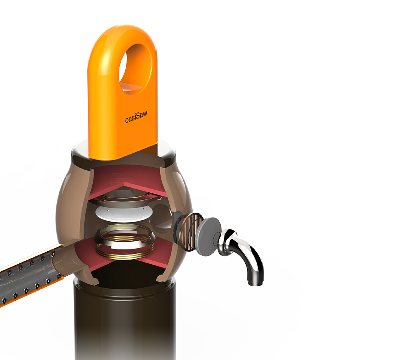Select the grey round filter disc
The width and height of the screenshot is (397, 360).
208,236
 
